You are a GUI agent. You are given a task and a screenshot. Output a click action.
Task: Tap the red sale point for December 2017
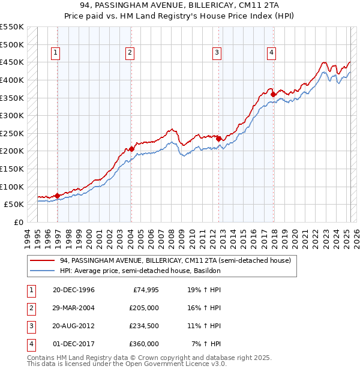[x=273, y=94]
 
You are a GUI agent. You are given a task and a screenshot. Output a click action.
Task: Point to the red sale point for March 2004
[x=131, y=149]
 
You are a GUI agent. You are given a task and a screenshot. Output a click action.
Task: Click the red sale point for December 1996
[x=57, y=196]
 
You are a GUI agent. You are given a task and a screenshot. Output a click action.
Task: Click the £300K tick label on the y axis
[x=12, y=115]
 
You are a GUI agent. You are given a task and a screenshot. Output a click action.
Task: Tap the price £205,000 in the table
[x=144, y=308]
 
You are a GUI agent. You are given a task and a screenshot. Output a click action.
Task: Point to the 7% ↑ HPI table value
[x=206, y=344]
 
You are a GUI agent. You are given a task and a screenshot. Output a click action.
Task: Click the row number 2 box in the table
[x=31, y=308]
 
